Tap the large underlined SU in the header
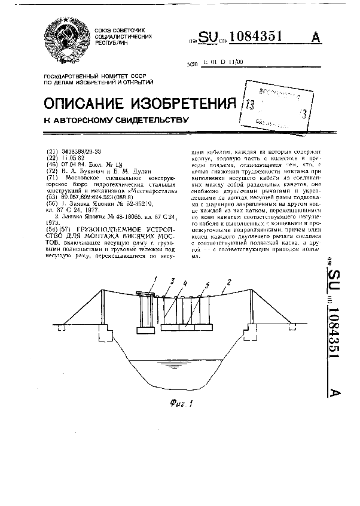209,38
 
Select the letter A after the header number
315,38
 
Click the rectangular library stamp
276,106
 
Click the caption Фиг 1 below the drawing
177,401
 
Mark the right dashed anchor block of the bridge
292,325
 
